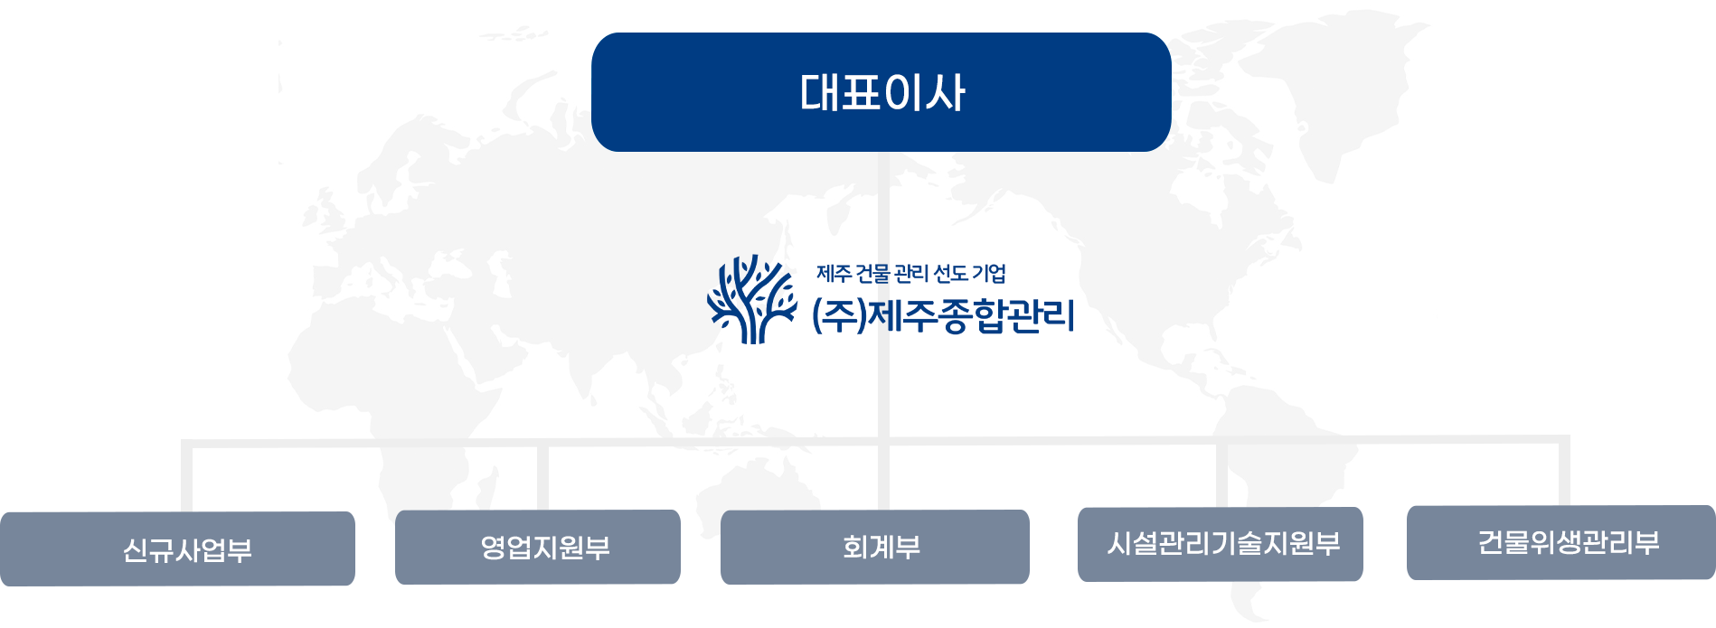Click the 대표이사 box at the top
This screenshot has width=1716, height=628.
[x=882, y=92]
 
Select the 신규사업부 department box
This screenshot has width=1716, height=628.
[x=177, y=548]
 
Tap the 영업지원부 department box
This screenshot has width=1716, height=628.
[x=538, y=547]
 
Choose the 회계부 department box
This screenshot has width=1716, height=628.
[x=875, y=547]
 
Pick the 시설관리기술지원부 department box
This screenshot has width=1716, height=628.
[x=1221, y=544]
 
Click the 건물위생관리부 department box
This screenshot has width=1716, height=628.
[x=1561, y=542]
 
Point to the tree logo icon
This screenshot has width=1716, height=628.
[x=752, y=299]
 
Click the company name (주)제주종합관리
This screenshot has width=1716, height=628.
[x=943, y=315]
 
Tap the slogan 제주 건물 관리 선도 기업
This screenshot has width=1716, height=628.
[x=911, y=273]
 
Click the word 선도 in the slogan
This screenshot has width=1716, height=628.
[x=950, y=273]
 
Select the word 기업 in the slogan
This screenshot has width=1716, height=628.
[x=989, y=273]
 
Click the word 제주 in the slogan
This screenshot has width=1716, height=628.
[x=834, y=273]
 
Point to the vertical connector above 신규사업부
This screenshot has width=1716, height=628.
[x=187, y=476]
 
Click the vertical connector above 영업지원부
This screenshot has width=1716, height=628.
[x=542, y=476]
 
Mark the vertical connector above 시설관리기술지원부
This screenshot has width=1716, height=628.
[x=1221, y=473]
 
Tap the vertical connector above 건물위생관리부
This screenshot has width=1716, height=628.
[x=1563, y=471]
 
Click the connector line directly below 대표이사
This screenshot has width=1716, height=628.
[x=883, y=331]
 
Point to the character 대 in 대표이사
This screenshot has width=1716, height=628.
[x=820, y=92]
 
